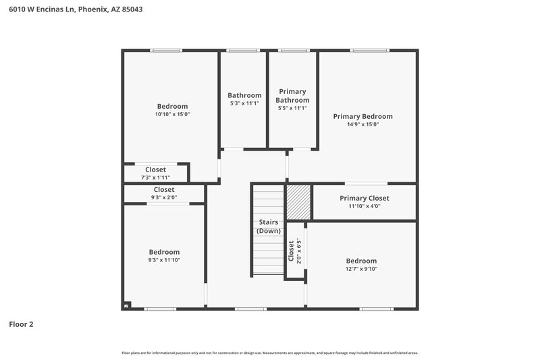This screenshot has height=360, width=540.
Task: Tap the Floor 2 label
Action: [21, 324]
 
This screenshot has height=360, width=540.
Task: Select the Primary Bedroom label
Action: [362, 116]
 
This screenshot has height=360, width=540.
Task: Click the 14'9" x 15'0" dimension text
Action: [362, 124]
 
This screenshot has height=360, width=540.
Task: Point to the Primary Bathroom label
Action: [292, 96]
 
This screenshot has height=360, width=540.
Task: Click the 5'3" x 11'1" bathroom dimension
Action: [244, 103]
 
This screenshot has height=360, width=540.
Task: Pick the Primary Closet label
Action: [364, 198]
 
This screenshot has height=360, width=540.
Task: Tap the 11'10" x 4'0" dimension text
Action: [364, 206]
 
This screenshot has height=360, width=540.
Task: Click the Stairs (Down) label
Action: [268, 226]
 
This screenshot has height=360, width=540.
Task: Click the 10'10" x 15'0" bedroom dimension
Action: [172, 114]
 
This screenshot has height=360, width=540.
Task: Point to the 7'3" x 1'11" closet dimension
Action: [155, 178]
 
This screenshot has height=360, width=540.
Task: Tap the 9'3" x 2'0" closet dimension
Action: [164, 198]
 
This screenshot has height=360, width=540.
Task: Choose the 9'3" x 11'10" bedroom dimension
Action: [164, 260]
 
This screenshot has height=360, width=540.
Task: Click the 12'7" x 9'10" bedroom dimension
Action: [361, 269]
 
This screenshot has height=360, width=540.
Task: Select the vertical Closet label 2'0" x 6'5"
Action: [295, 251]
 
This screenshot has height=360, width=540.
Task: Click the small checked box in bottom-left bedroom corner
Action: [126, 306]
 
